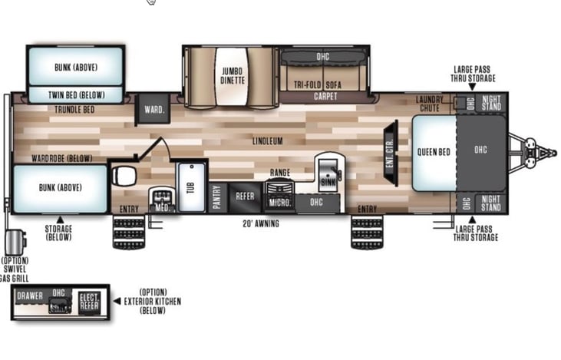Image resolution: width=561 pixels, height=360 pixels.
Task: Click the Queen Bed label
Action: [x=433, y=151]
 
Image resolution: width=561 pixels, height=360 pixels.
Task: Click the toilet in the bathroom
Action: [x=125, y=176]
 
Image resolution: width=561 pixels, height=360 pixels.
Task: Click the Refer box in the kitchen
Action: [x=245, y=197]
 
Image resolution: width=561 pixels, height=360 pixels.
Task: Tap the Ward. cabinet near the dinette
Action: [x=152, y=110]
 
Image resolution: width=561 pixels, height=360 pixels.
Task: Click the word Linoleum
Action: [x=268, y=141]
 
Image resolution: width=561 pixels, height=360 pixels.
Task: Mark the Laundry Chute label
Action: [x=431, y=104]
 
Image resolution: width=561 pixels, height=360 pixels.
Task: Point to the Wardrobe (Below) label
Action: [x=62, y=158]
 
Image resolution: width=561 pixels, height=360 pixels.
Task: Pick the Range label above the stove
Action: [x=279, y=173]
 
